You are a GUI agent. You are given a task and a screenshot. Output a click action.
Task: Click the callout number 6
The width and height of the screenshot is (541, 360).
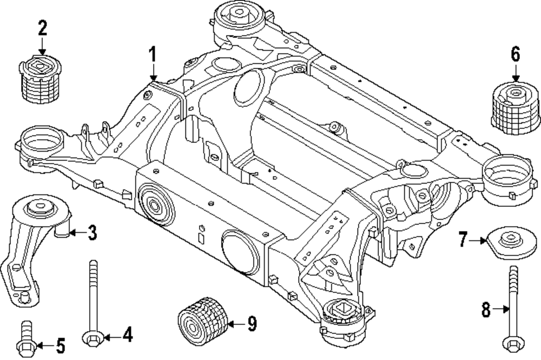[x=515, y=54]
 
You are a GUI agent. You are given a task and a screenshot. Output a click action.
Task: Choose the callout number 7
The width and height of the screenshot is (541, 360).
[x=463, y=239]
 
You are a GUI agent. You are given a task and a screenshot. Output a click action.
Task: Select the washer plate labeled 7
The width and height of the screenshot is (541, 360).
[x=511, y=244]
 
